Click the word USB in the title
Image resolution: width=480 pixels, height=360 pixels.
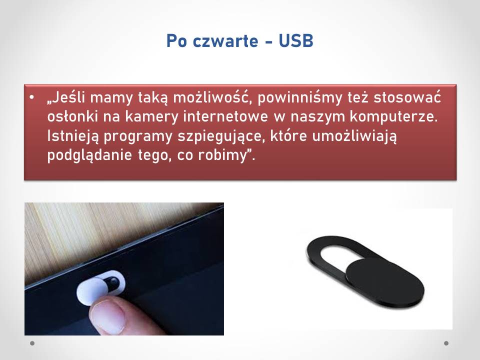pos(296,40)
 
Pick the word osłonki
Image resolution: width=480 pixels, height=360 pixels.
pos(72,116)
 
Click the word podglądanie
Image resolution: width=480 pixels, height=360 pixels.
pos(89,155)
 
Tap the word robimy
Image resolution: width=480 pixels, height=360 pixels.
pos(222,155)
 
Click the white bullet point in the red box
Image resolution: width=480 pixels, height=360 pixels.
pos(32,97)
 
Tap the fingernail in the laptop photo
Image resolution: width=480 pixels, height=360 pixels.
pos(108,315)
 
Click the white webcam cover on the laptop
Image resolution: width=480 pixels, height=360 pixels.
pos(100,287)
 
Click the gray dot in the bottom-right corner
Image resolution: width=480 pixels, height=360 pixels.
pos(446,343)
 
